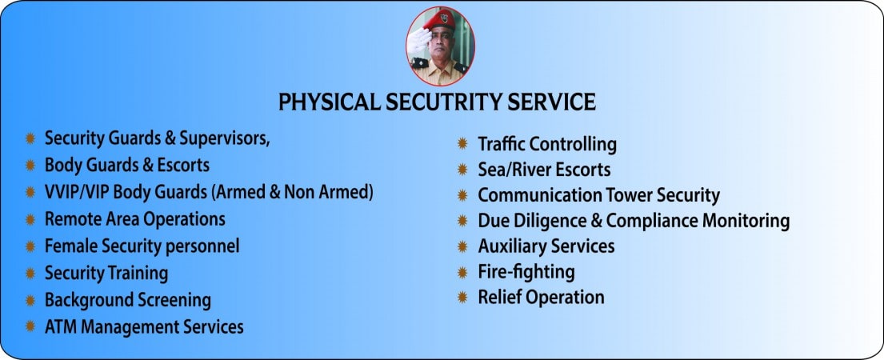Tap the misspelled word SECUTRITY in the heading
coord(444,102)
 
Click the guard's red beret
coord(439,20)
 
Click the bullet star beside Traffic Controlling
coord(462,144)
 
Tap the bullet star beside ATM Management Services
coord(30,326)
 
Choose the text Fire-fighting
coord(526,272)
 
